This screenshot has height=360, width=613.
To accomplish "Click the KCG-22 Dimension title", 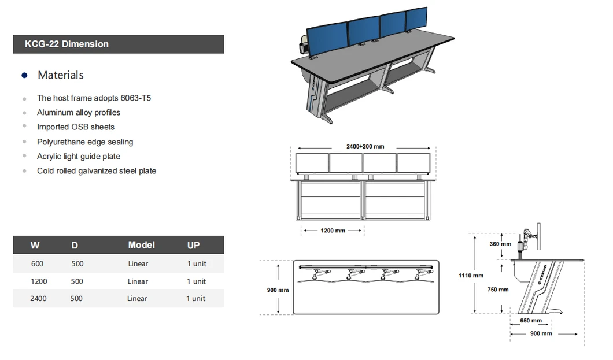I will point(67,44).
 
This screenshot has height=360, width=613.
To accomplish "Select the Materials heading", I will point(60,75).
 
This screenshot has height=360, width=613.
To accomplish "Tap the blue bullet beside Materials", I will point(24,76).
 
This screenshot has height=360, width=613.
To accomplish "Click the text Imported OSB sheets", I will point(76,127).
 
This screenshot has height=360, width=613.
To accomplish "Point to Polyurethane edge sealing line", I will point(85,142).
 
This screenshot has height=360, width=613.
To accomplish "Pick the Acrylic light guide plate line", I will point(79,157).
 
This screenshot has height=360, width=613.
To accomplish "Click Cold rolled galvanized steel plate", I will point(97,171).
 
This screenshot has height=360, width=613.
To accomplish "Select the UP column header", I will point(193,246).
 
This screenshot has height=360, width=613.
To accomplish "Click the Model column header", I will point(141,245).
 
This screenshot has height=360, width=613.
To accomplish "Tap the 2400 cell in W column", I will point(39,299).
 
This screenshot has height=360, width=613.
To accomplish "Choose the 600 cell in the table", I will point(37,264).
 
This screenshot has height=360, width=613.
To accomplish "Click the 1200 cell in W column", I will point(39,281).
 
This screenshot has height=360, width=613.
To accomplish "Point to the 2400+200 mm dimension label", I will point(365,147).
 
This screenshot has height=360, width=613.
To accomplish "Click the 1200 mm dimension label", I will point(333,231).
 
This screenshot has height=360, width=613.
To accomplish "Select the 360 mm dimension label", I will point(500,244).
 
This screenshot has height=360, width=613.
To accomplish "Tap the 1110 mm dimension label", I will point(471,276).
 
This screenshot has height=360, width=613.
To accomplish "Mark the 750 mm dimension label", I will point(497,290).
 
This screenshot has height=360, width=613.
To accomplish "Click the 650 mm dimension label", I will point(531,321).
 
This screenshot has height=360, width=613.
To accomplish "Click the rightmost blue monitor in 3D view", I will point(416,21).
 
